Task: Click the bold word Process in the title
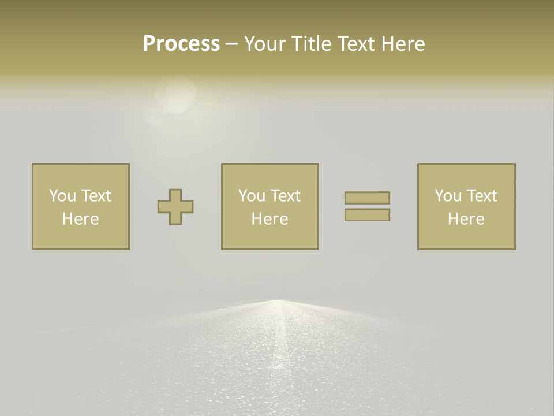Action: tap(181, 44)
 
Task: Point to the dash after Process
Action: tap(232, 44)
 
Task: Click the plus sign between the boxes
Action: tap(175, 207)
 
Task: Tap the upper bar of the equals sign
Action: tap(367, 198)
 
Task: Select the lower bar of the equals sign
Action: tap(367, 215)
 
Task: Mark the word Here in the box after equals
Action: tap(466, 219)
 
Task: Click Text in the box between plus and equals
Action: tap(286, 196)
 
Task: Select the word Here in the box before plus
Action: tap(81, 219)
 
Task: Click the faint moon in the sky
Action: tap(175, 96)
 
